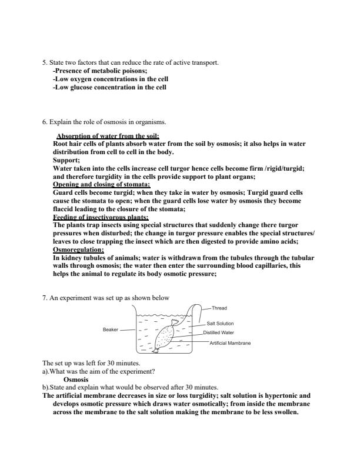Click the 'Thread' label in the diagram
tap(219, 308)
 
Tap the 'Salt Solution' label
tap(220, 324)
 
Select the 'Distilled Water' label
tap(219, 332)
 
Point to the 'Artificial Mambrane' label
tap(230, 343)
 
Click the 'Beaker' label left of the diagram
tap(111, 330)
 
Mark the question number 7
tap(44, 298)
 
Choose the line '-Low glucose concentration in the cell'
tap(109, 87)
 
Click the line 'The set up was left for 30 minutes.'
tap(91, 364)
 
